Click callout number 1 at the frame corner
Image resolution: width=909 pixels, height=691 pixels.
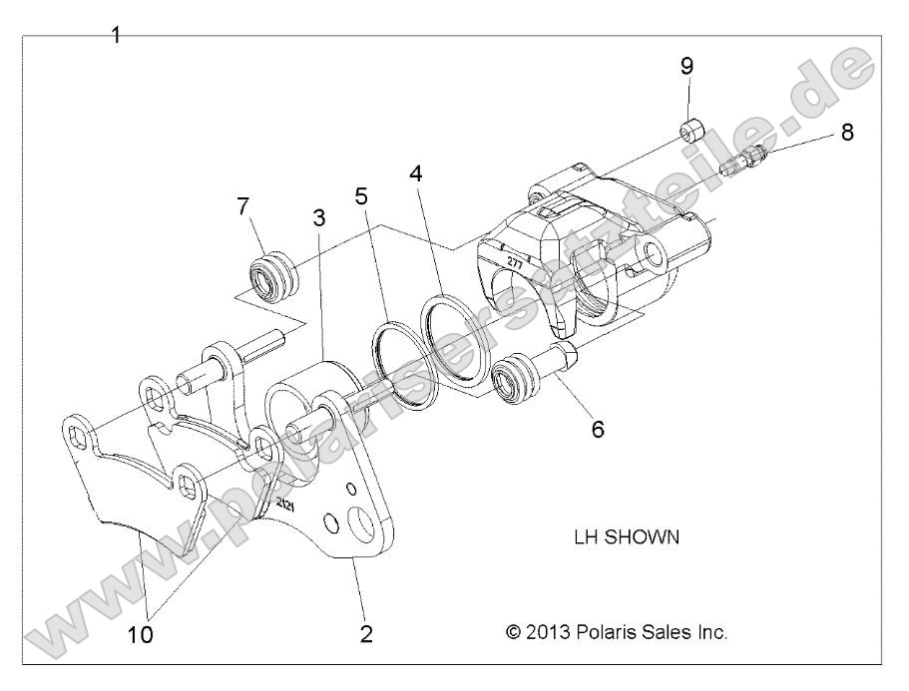116,35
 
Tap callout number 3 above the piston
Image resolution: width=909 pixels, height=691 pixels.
318,217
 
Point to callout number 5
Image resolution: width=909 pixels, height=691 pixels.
362,195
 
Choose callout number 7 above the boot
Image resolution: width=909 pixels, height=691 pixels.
242,207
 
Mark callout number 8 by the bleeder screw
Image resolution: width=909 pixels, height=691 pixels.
846,132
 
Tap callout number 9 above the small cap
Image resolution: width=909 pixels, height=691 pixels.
686,66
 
